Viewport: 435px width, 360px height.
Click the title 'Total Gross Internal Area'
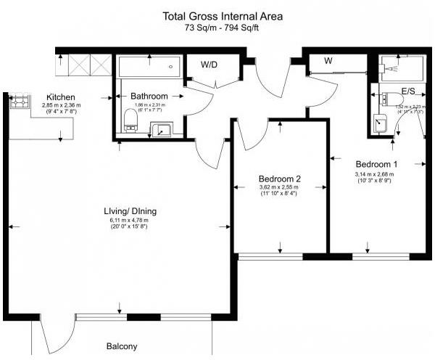click(x=223, y=15)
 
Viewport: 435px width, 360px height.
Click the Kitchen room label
click(x=62, y=97)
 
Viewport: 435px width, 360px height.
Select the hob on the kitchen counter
click(x=17, y=102)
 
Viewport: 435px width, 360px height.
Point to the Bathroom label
click(x=149, y=96)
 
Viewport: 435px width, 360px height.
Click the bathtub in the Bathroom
click(x=149, y=69)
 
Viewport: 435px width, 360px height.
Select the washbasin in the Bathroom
click(x=160, y=131)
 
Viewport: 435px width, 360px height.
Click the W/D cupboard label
click(x=209, y=64)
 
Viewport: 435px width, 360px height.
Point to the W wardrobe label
click(x=328, y=61)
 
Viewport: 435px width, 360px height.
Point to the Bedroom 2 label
click(x=279, y=179)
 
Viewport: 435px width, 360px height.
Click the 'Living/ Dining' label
click(x=130, y=211)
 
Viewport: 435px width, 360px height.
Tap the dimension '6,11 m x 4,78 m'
click(x=128, y=221)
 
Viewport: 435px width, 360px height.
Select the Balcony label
click(x=122, y=346)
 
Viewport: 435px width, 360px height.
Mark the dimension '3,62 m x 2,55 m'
click(x=279, y=187)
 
